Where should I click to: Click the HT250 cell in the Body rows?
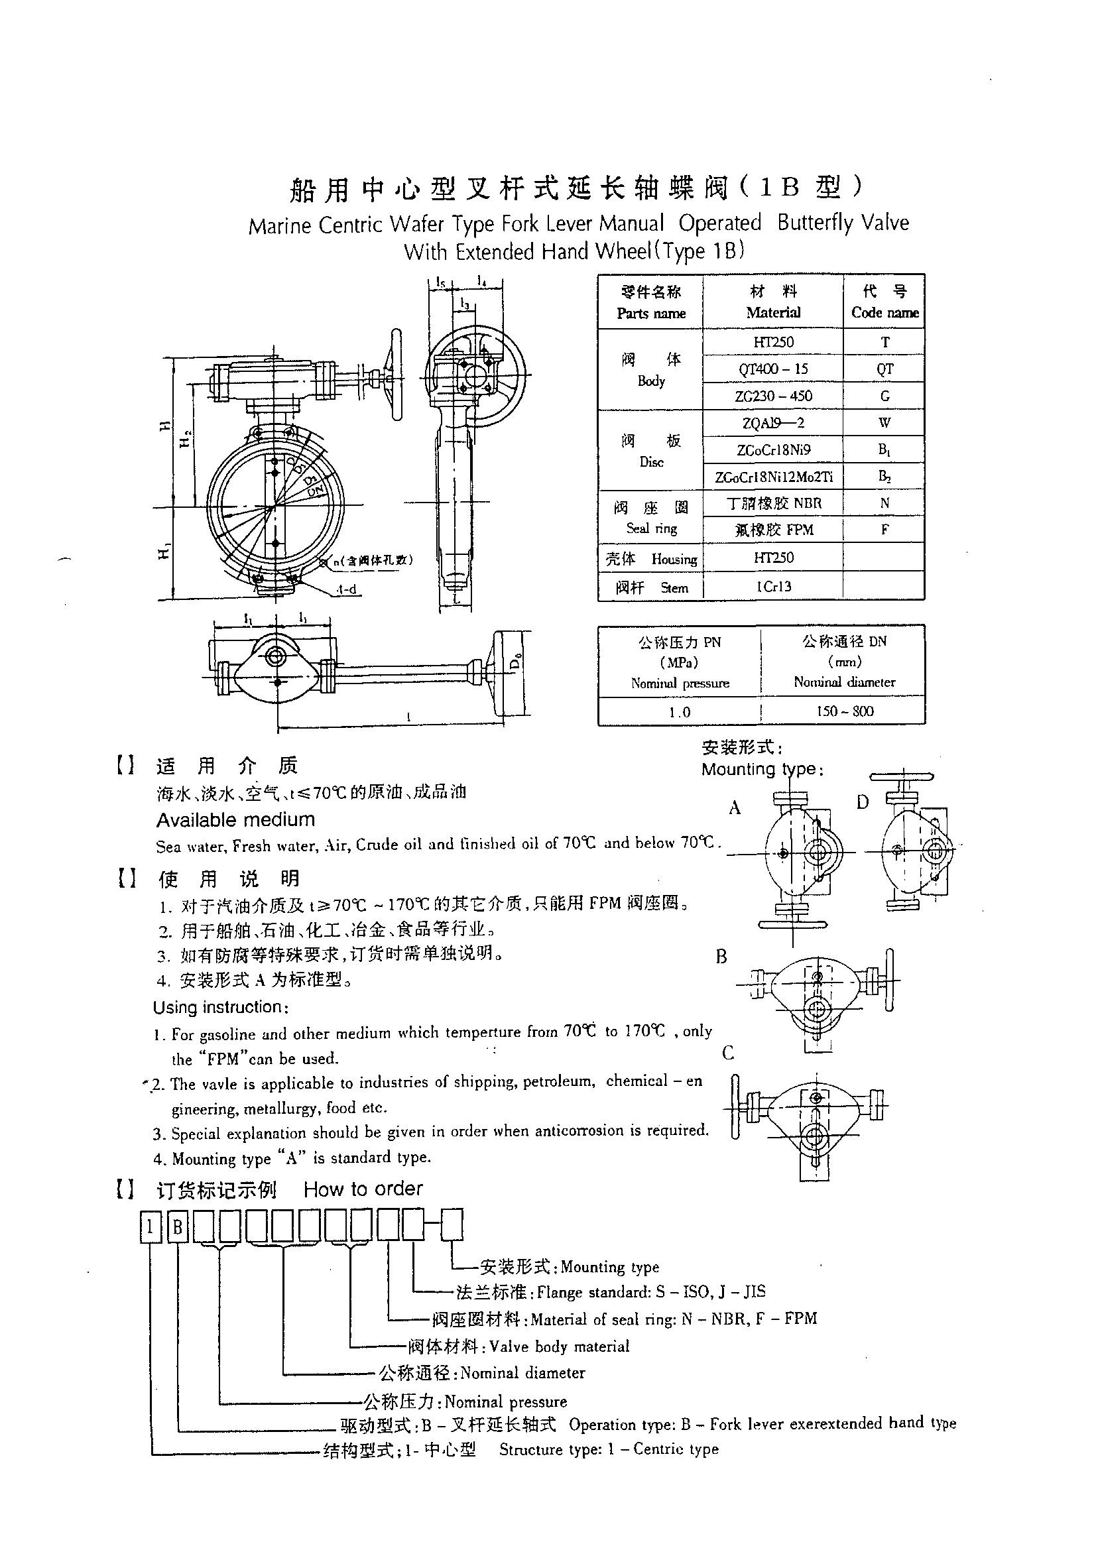pos(773,342)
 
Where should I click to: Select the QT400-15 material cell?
pos(773,369)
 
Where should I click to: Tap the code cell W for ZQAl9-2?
pos(884,422)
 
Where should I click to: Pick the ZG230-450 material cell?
pos(773,396)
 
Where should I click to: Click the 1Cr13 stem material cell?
pos(773,587)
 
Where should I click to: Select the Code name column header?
pos(884,302)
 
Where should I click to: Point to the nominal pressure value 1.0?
pos(680,711)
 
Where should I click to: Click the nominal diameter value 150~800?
pos(844,711)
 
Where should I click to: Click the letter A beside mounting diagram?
pos(735,808)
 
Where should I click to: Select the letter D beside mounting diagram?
pos(863,803)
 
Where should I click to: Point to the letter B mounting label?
pos(721,957)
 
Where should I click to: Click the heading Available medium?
pos(235,820)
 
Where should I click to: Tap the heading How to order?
pos(363,1189)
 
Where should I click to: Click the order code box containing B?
pos(178,1226)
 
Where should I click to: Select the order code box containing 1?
pos(151,1226)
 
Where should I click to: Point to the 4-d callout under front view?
pos(346,590)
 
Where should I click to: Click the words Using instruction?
pos(221,1007)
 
